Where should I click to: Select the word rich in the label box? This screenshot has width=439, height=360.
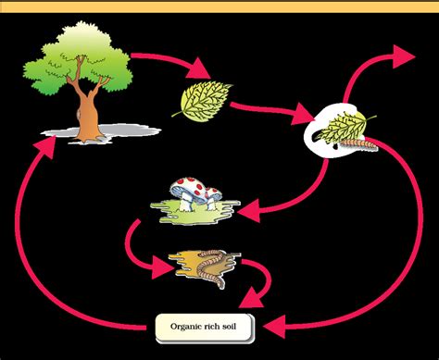[219, 327]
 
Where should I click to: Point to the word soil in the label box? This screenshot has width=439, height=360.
[241, 327]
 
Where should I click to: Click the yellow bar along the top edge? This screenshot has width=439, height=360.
[219, 6]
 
